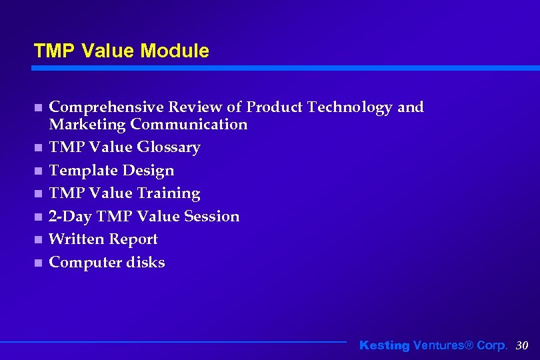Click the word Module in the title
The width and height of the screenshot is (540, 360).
point(176,51)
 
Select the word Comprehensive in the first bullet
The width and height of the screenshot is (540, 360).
point(107,107)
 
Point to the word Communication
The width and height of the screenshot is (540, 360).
point(189,125)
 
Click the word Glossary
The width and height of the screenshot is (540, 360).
point(169,147)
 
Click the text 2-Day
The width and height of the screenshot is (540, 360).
point(71,217)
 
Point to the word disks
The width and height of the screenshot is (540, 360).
point(145,263)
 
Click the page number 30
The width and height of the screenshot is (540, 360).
point(522,345)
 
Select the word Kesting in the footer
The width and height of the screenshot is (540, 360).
point(385,345)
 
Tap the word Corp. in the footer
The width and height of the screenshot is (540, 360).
point(492,345)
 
